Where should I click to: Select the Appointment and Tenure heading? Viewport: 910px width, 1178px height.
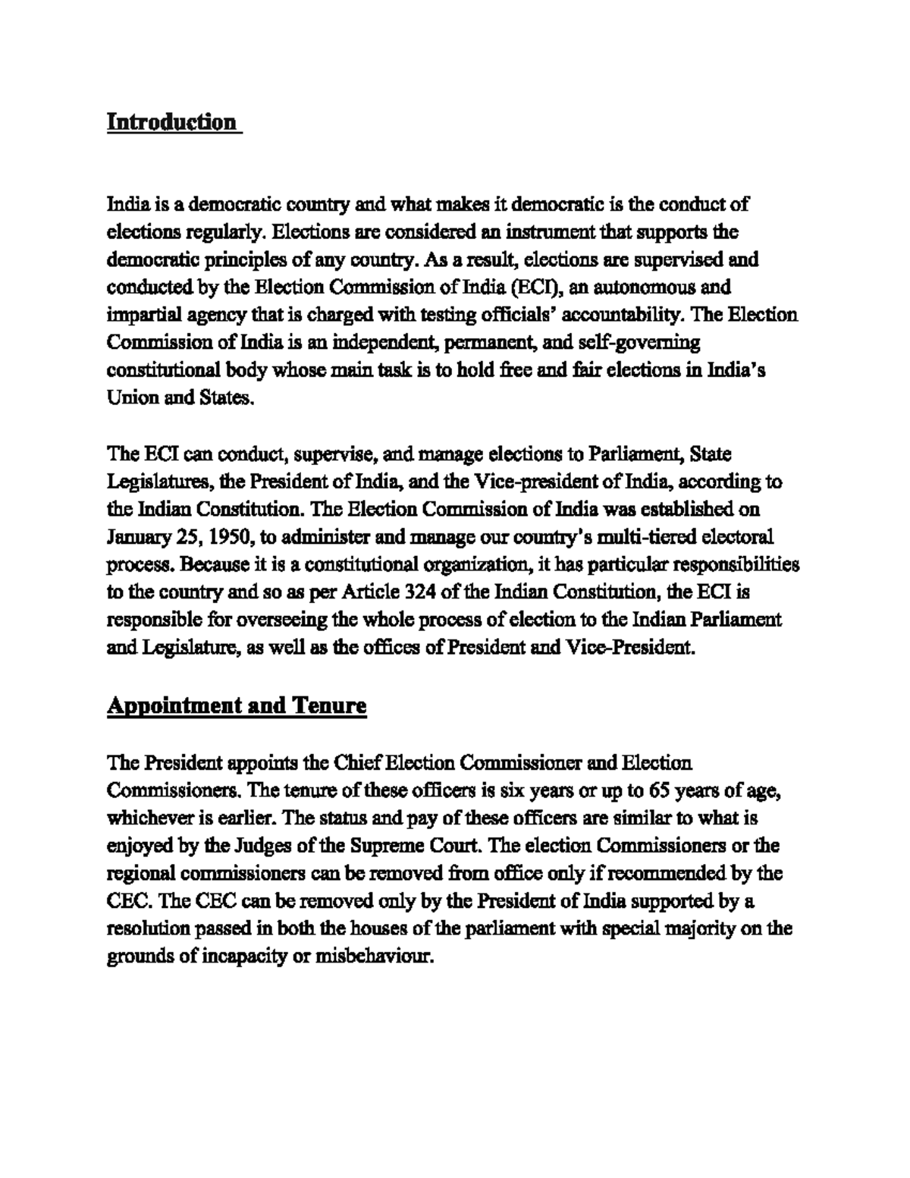coord(237,706)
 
